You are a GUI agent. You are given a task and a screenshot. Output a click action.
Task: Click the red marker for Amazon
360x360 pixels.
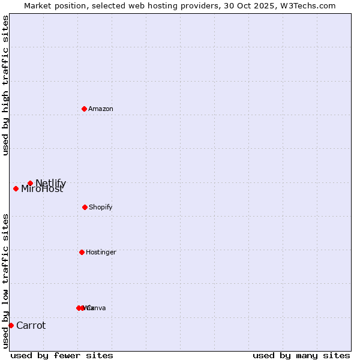coord(84,109)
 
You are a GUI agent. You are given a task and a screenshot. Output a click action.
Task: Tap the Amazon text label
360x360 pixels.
coord(101,109)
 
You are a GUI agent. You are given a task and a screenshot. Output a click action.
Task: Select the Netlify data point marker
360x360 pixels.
coord(30,183)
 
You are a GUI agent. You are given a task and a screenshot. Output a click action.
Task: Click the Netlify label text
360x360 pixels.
coord(51,183)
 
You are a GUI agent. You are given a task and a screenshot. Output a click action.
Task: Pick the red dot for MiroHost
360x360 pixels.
coord(16,188)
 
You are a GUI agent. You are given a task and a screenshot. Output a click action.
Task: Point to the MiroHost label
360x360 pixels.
coord(42,190)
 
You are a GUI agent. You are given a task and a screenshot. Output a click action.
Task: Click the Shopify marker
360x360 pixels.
coord(85,207)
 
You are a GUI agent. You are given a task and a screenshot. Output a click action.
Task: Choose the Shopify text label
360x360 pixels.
coord(101,208)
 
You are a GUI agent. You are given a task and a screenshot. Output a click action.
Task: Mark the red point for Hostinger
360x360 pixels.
coord(82,252)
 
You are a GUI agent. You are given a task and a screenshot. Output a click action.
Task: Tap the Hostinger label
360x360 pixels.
coord(101,253)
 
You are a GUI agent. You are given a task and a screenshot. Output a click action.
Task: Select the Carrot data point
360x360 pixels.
coord(11,325)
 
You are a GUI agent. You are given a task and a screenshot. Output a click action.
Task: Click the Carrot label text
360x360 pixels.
coord(31,326)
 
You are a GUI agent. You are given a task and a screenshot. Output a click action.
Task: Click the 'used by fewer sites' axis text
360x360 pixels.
coord(62,355)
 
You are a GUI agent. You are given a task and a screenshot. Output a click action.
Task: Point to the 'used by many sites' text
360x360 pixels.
coord(301,355)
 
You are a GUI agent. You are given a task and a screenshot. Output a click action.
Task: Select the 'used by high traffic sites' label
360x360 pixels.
coord(6,85)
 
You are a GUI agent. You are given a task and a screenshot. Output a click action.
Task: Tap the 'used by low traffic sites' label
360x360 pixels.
coord(6,281)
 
